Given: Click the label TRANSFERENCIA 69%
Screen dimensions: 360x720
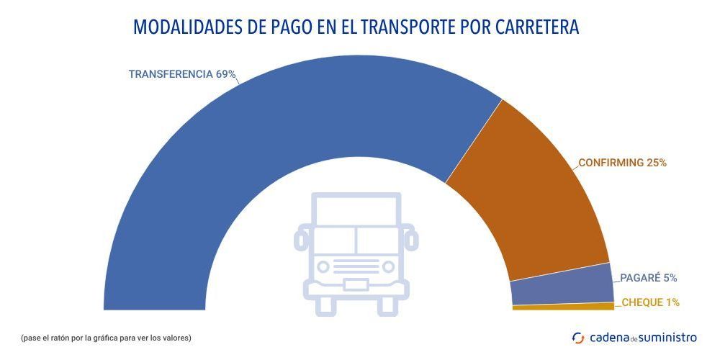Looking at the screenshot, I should pyautogui.click(x=182, y=74).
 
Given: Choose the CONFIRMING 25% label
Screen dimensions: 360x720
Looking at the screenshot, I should pyautogui.click(x=622, y=163).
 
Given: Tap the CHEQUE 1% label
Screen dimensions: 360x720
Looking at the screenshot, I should pyautogui.click(x=650, y=302).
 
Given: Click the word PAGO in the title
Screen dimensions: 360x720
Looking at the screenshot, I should pyautogui.click(x=284, y=27).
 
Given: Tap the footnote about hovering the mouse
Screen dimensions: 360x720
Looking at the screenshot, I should pyautogui.click(x=106, y=337).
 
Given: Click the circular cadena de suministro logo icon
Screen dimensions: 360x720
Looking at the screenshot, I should pyautogui.click(x=578, y=337).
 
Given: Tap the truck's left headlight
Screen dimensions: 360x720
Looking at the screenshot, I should pyautogui.click(x=323, y=267).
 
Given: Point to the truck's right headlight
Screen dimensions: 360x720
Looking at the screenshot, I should pyautogui.click(x=389, y=267).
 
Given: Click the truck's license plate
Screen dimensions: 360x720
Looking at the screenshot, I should pyautogui.click(x=356, y=284).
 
